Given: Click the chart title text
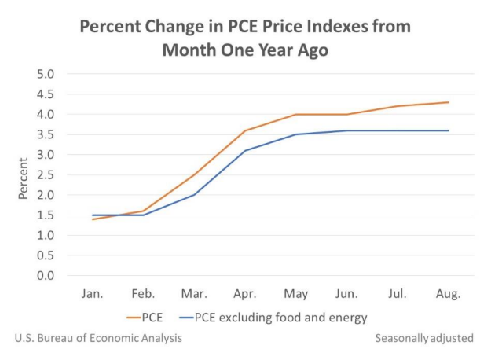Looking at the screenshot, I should [x=245, y=38].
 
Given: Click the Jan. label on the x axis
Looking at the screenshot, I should [x=93, y=294].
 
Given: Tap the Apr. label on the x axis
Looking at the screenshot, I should [x=245, y=294].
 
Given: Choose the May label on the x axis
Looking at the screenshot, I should [x=296, y=294].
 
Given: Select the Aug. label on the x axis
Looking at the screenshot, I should [x=449, y=294].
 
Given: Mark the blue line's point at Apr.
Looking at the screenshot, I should [x=245, y=150].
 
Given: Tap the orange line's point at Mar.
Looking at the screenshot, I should [x=195, y=174].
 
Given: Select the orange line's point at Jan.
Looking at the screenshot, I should [x=93, y=219].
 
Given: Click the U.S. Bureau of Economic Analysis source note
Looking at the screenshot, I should [x=98, y=338].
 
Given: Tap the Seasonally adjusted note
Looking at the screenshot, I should [x=424, y=338].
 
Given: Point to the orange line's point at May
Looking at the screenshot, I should [x=296, y=114].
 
